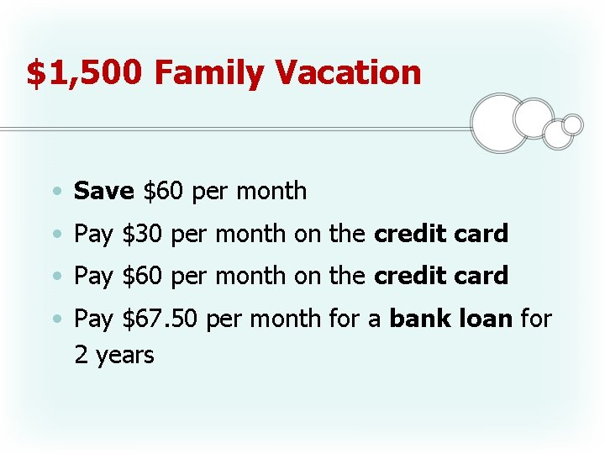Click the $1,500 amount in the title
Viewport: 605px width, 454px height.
coord(86,73)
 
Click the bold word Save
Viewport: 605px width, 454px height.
coord(104,191)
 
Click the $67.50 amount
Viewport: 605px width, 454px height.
coord(162,319)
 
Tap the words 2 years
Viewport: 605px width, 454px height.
coord(114,355)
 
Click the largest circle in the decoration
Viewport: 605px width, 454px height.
coord(500,123)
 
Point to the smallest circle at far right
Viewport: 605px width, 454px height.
coord(572,124)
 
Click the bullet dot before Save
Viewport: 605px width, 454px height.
coord(55,193)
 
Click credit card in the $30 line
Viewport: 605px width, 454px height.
coord(441,234)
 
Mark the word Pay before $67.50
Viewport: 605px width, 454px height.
coord(93,319)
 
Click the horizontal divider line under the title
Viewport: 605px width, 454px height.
coord(235,129)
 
